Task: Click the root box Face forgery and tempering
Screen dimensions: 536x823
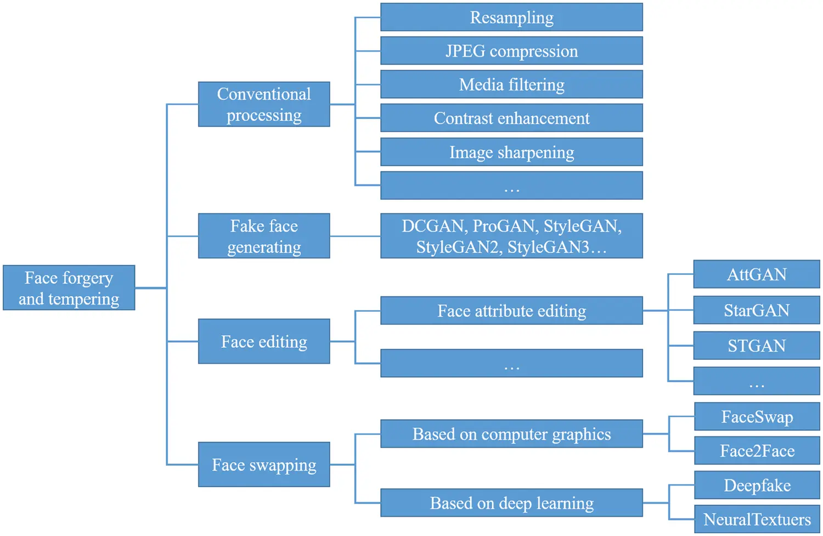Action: tap(69, 288)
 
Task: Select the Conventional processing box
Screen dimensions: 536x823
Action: tap(264, 104)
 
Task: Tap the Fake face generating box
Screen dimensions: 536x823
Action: tap(264, 236)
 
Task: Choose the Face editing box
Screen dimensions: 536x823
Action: tap(264, 341)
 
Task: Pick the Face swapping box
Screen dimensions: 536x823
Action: tap(264, 465)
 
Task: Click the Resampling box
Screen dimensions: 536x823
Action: tap(511, 18)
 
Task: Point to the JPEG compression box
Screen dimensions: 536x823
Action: tap(511, 51)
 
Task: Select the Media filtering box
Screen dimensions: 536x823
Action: tap(511, 84)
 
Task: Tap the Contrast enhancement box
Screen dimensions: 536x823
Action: tap(511, 118)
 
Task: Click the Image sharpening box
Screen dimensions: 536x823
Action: tap(511, 152)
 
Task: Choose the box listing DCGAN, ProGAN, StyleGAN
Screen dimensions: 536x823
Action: tap(511, 236)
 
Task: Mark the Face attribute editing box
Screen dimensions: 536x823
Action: tap(511, 311)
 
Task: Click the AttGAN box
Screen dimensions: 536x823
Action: tap(757, 274)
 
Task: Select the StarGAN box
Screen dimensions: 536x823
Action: tap(757, 310)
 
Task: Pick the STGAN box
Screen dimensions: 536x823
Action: tap(757, 346)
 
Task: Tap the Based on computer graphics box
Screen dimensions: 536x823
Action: tap(511, 434)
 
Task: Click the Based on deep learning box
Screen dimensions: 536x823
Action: tap(511, 503)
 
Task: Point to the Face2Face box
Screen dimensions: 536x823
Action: tap(757, 451)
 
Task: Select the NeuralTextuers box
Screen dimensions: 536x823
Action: tap(757, 519)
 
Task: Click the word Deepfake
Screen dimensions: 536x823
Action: tap(757, 486)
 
